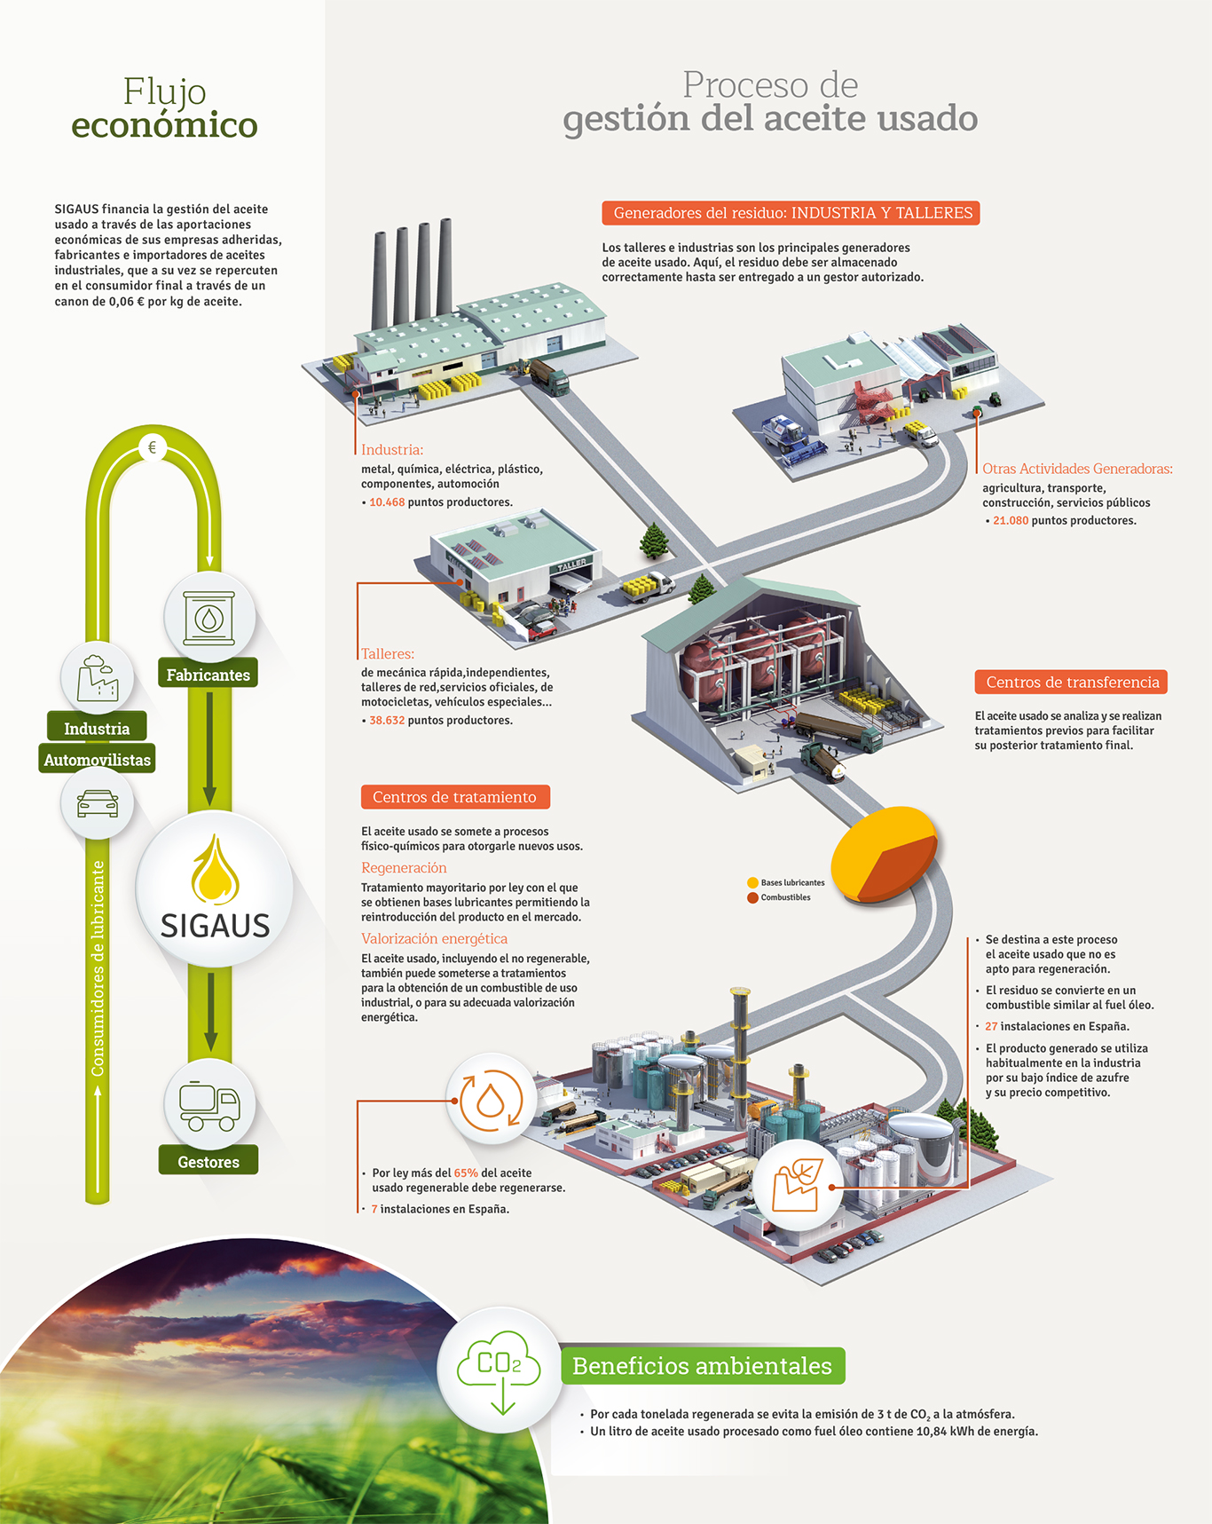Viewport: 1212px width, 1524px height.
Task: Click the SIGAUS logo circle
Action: [x=215, y=888]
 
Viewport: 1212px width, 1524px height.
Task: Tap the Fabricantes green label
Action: [x=208, y=675]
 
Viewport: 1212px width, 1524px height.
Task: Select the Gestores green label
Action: [x=209, y=1161]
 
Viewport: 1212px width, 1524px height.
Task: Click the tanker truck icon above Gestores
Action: [x=209, y=1105]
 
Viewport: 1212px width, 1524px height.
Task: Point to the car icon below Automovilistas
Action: [x=98, y=803]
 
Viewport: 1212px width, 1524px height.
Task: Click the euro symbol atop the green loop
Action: [x=153, y=447]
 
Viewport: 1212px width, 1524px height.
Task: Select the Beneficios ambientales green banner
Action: [x=703, y=1365]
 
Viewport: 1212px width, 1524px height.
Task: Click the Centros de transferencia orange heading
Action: [x=1072, y=682]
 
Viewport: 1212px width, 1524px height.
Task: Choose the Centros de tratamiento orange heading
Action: [x=455, y=797]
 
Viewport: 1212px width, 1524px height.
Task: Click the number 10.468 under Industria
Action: [x=387, y=502]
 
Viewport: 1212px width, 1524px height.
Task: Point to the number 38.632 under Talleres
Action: [x=387, y=721]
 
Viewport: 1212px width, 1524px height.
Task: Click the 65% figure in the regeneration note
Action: [x=466, y=1173]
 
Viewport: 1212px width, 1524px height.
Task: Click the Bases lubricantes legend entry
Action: [x=786, y=882]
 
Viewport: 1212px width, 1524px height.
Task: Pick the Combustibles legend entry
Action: [x=779, y=897]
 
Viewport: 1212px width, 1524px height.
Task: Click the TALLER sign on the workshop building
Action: [x=571, y=565]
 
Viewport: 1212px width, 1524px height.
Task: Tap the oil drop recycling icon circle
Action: [x=491, y=1100]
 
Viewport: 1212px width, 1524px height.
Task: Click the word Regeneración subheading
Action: [x=404, y=868]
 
